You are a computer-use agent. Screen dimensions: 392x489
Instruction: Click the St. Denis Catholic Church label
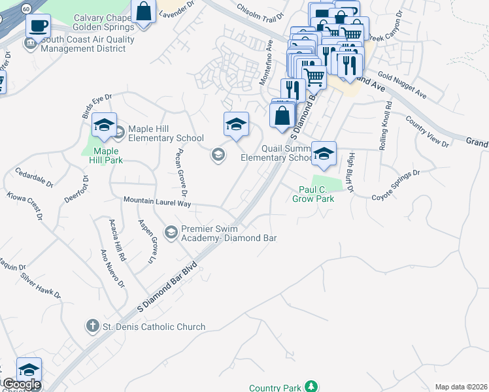[154, 327]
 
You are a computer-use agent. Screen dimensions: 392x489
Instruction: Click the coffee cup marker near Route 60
[39, 26]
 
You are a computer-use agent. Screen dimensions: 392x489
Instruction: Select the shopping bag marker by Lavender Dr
[144, 11]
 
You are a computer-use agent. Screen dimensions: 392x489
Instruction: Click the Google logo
[21, 384]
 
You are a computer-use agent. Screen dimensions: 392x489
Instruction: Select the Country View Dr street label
[427, 131]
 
